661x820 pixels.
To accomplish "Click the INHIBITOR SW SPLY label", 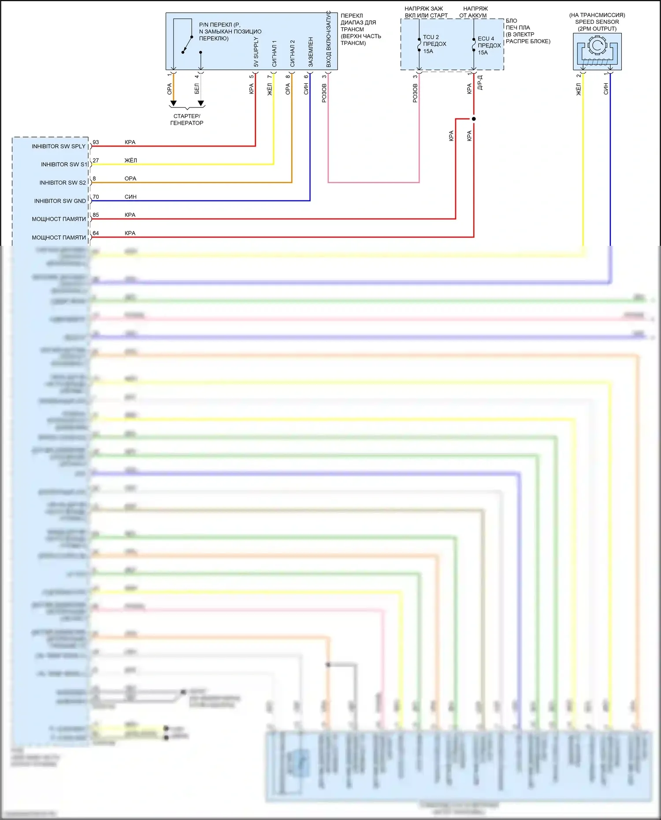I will [58, 146].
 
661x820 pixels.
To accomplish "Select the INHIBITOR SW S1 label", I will [64, 164].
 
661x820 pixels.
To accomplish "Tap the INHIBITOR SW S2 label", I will [63, 183].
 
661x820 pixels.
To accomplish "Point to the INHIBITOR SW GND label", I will [60, 201].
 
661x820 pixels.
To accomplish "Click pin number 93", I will [96, 142].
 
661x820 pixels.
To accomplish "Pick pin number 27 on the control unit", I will [96, 160].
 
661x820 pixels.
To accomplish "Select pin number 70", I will [96, 197].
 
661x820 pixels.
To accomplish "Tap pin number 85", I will [96, 215].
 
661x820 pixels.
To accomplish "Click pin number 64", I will [96, 233].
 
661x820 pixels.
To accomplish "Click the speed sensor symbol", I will [597, 51].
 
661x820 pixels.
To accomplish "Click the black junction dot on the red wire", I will [474, 119].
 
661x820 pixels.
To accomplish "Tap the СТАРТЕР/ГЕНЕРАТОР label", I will [187, 119].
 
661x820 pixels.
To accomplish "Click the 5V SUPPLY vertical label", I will [256, 52].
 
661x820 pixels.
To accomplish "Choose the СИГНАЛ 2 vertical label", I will [292, 53].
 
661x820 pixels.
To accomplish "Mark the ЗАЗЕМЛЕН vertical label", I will [311, 52].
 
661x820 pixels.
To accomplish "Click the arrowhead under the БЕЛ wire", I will [201, 104].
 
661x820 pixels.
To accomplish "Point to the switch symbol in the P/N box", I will [188, 44].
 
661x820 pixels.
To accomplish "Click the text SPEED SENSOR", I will [597, 22].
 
